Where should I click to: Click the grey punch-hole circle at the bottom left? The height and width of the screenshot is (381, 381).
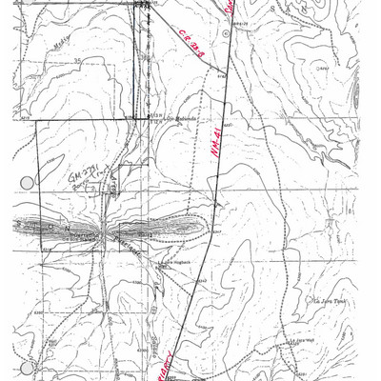(26, 368)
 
